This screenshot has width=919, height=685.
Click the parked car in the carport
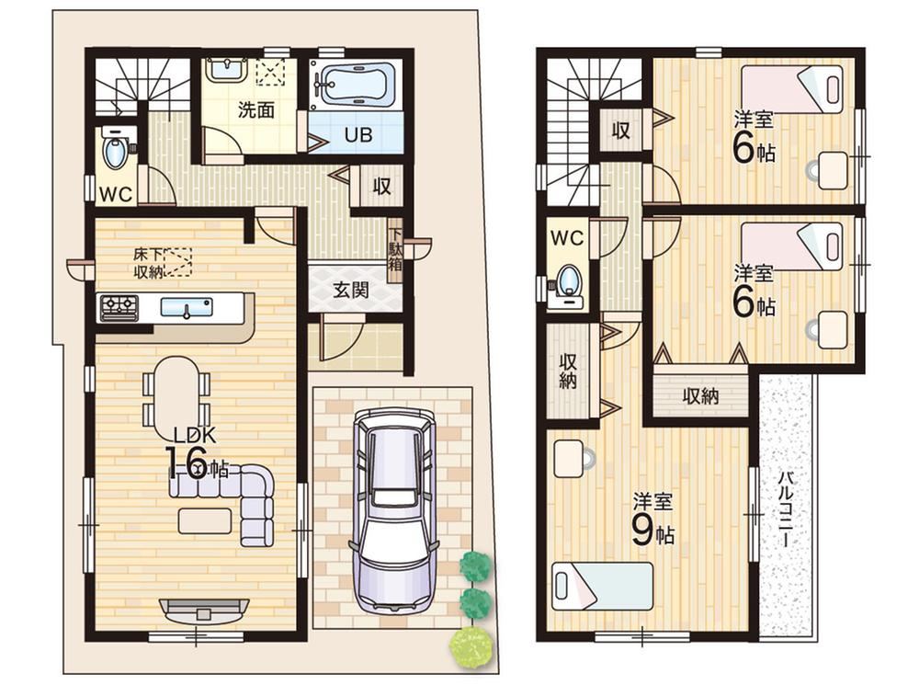[394, 512]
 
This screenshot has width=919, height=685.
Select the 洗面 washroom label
[256, 110]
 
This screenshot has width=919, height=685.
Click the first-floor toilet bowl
[115, 153]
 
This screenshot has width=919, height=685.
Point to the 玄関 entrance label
[351, 290]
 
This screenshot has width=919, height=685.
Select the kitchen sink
[187, 307]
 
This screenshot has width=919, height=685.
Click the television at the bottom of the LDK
[204, 611]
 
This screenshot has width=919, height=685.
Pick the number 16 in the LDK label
[187, 463]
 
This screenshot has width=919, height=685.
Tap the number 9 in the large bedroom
[642, 531]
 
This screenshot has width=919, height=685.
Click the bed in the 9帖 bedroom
[603, 587]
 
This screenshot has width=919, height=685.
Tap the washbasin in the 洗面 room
[227, 71]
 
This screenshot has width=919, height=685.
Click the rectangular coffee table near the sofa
[205, 520]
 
